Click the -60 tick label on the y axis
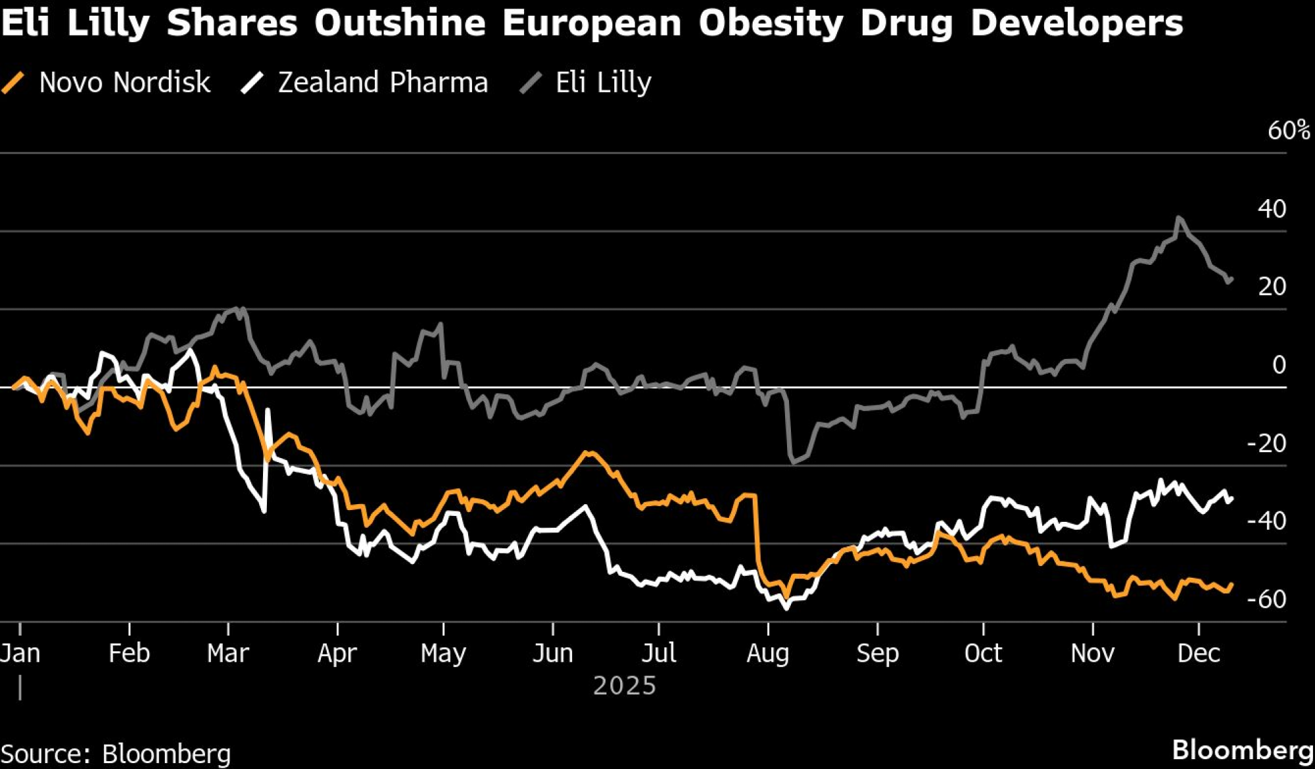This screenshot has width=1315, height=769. click(1266, 599)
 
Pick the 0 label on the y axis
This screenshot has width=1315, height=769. click(1279, 365)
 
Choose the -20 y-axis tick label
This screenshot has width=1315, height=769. click(1266, 444)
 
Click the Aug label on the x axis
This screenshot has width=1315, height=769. click(767, 653)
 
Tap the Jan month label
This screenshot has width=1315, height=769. click(20, 653)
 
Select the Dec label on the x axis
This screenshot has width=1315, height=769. click(1199, 653)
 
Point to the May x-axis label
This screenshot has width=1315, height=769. click(443, 653)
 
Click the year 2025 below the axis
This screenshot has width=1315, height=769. click(625, 686)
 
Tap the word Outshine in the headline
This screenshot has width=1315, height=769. click(400, 23)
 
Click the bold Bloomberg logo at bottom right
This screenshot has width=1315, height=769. click(1243, 750)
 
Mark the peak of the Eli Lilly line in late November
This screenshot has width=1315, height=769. click(1178, 218)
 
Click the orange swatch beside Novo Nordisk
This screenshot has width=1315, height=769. click(13, 83)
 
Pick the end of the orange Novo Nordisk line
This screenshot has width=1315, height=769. click(1231, 584)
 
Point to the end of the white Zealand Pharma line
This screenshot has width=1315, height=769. click(1231, 498)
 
